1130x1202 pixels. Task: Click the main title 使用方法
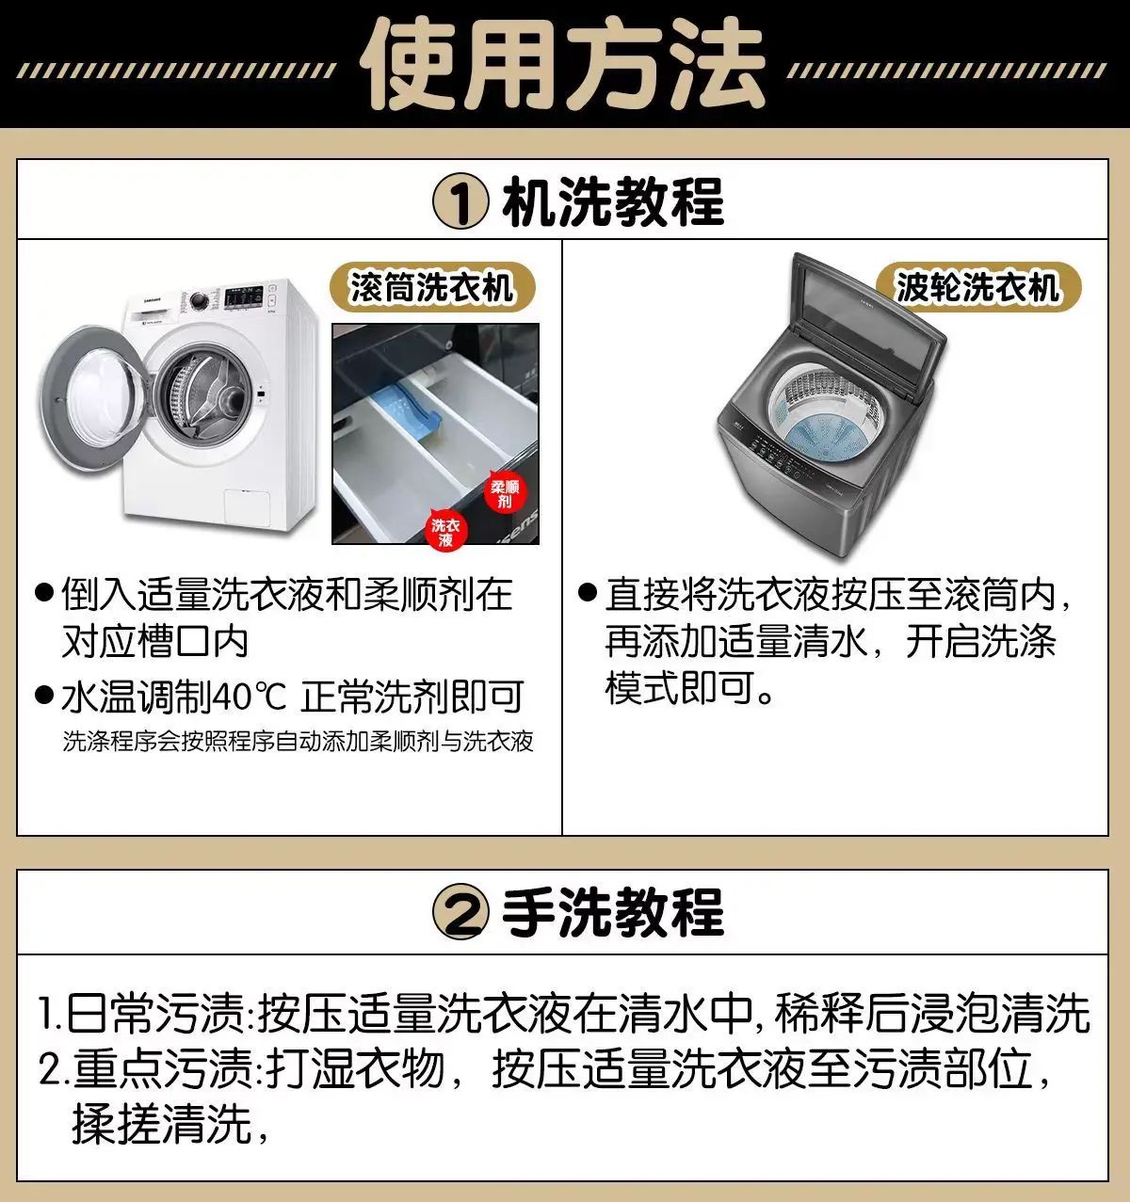pyautogui.click(x=562, y=65)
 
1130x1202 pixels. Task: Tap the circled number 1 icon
pyautogui.click(x=460, y=203)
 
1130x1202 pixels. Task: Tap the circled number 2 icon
pyautogui.click(x=460, y=912)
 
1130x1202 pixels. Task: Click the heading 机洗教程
pyautogui.click(x=613, y=202)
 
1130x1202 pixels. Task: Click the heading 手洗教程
pyautogui.click(x=613, y=912)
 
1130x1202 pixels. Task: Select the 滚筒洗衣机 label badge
pyautogui.click(x=432, y=287)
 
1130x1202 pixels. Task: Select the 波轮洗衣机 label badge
pyautogui.click(x=978, y=287)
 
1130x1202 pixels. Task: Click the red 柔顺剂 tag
pyautogui.click(x=504, y=493)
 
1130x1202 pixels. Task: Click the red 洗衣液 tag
pyautogui.click(x=445, y=532)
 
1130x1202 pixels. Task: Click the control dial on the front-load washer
pyautogui.click(x=198, y=300)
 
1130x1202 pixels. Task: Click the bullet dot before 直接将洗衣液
pyautogui.click(x=588, y=592)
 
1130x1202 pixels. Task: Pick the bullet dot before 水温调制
pyautogui.click(x=44, y=695)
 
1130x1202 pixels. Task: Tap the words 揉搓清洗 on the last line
pyautogui.click(x=162, y=1124)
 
